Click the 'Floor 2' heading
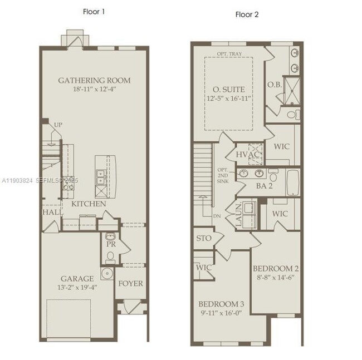point(247,14)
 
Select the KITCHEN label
point(89,204)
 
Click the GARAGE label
point(77,279)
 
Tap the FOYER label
point(130,283)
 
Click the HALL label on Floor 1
point(52,212)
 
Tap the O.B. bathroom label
point(274,85)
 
